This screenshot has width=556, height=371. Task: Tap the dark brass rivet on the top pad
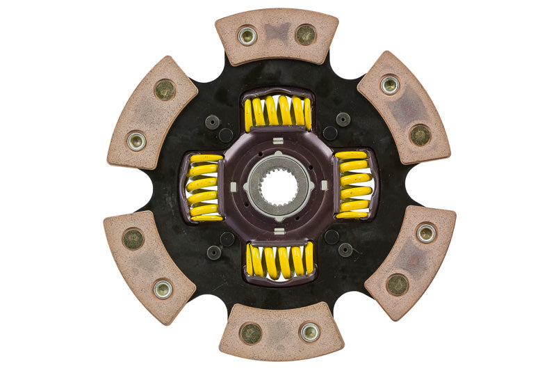click(x=305, y=33)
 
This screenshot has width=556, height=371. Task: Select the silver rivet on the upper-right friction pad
click(x=389, y=85)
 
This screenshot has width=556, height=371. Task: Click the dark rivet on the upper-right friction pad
click(x=419, y=134)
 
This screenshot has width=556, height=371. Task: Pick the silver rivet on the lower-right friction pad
click(x=425, y=233)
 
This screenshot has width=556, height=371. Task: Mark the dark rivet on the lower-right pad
click(x=397, y=284)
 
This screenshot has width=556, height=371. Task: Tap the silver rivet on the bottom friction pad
click(x=309, y=333)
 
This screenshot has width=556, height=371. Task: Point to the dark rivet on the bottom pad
click(x=251, y=333)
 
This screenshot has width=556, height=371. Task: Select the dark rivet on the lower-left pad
click(x=133, y=239)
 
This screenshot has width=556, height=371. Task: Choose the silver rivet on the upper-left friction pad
click(x=136, y=140)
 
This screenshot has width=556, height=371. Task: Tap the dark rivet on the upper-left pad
click(x=165, y=89)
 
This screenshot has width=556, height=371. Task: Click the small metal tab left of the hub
click(x=234, y=186)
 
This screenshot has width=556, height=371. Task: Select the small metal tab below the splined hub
click(x=278, y=230)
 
